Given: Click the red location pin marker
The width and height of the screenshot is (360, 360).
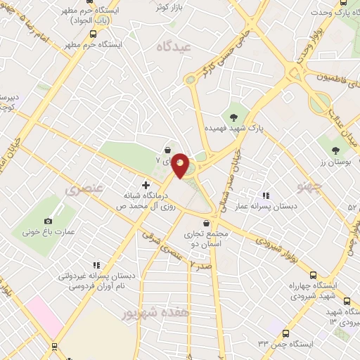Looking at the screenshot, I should [181, 165].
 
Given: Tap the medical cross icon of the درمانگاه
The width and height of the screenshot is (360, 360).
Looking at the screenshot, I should [146, 186].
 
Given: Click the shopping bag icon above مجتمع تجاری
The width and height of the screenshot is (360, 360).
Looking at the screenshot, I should [205, 224].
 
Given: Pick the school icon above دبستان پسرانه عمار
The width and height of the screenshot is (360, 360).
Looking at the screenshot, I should [265, 195].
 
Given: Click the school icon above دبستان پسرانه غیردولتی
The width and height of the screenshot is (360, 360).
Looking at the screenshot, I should [96, 266].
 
